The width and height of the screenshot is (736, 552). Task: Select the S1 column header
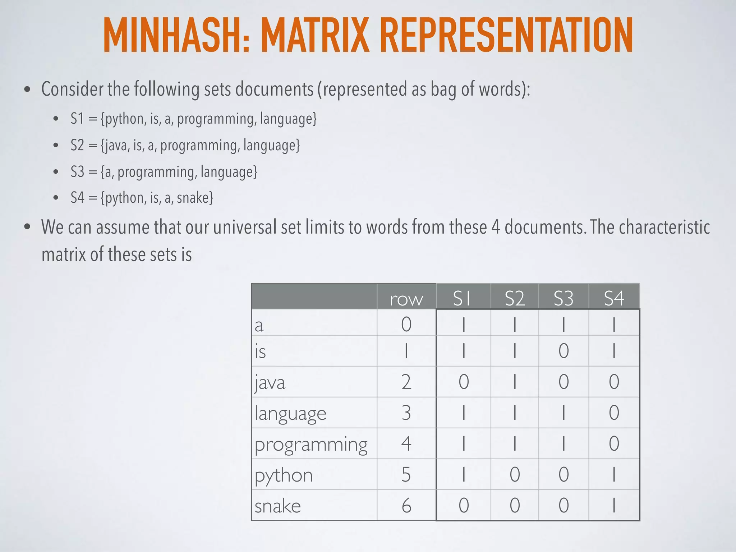tap(463, 298)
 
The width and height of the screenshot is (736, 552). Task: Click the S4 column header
tap(614, 298)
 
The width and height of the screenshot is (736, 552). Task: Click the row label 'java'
tap(270, 382)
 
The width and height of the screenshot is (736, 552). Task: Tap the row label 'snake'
tap(277, 506)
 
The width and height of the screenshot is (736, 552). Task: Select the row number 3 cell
tap(406, 413)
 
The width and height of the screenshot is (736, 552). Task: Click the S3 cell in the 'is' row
tap(563, 351)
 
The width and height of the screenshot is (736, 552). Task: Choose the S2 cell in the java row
tap(515, 382)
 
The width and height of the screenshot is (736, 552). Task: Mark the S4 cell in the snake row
tap(614, 505)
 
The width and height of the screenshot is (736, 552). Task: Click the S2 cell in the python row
tap(515, 474)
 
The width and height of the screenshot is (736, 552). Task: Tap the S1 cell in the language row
tap(464, 413)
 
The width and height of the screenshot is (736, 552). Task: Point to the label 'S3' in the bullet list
tap(77, 172)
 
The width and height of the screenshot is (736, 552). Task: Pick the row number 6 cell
tap(406, 505)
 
